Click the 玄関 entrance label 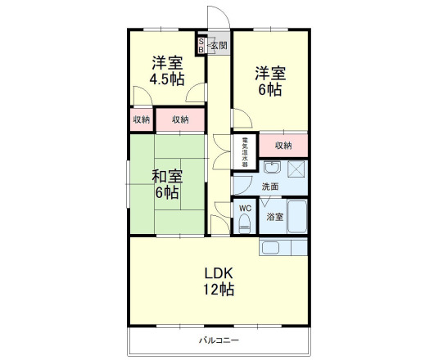(x=219, y=46)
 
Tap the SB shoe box (x=199, y=46)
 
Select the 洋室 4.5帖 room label (x=167, y=70)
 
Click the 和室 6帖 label (x=167, y=184)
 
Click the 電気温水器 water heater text (x=244, y=151)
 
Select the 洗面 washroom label (x=269, y=187)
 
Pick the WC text (x=245, y=208)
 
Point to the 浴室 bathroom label (x=275, y=217)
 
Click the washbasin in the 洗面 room (x=274, y=169)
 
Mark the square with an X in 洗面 (x=296, y=170)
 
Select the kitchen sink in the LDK (x=271, y=247)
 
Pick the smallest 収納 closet (x=141, y=119)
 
